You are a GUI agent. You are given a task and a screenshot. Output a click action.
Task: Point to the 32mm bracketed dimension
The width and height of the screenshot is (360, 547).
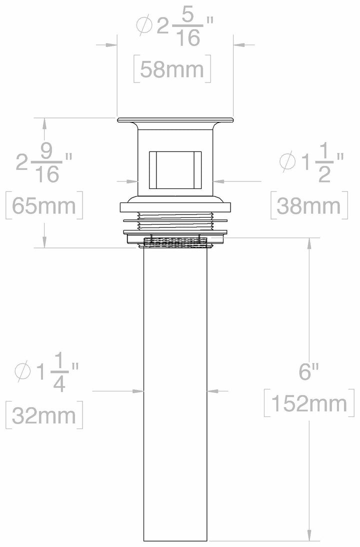click(44, 414)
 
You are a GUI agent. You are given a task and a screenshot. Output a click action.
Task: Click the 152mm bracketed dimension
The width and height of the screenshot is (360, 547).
click(306, 402)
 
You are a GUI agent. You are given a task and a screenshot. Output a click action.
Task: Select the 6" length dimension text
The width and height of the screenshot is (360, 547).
click(309, 372)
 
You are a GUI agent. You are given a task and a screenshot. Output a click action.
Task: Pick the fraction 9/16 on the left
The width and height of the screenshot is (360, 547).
click(48, 162)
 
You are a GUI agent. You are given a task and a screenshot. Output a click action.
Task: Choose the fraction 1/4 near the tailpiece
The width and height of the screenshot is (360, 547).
click(58, 371)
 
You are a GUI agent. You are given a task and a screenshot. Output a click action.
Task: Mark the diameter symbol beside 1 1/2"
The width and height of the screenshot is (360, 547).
click(289, 162)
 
